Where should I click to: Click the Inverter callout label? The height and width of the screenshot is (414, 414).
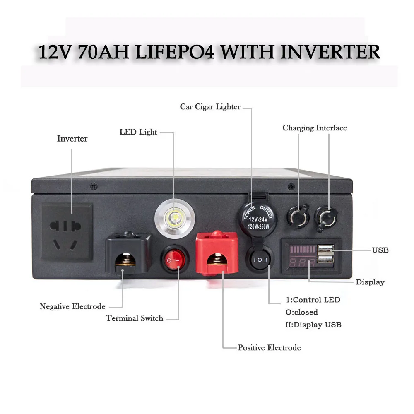tap(72, 139)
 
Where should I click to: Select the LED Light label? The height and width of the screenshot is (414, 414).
tap(138, 132)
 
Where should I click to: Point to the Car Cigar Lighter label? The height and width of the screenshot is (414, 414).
tap(210, 107)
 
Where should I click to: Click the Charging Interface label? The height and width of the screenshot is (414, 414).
tap(315, 128)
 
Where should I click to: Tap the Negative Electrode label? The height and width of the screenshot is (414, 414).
tap(72, 307)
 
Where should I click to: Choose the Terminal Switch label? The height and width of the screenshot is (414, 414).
tap(135, 318)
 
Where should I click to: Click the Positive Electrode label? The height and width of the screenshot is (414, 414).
tap(269, 347)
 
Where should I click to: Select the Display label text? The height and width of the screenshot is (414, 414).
tap(370, 282)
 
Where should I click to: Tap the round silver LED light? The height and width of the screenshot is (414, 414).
tap(174, 218)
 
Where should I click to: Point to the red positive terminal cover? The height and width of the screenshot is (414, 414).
tap(217, 253)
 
